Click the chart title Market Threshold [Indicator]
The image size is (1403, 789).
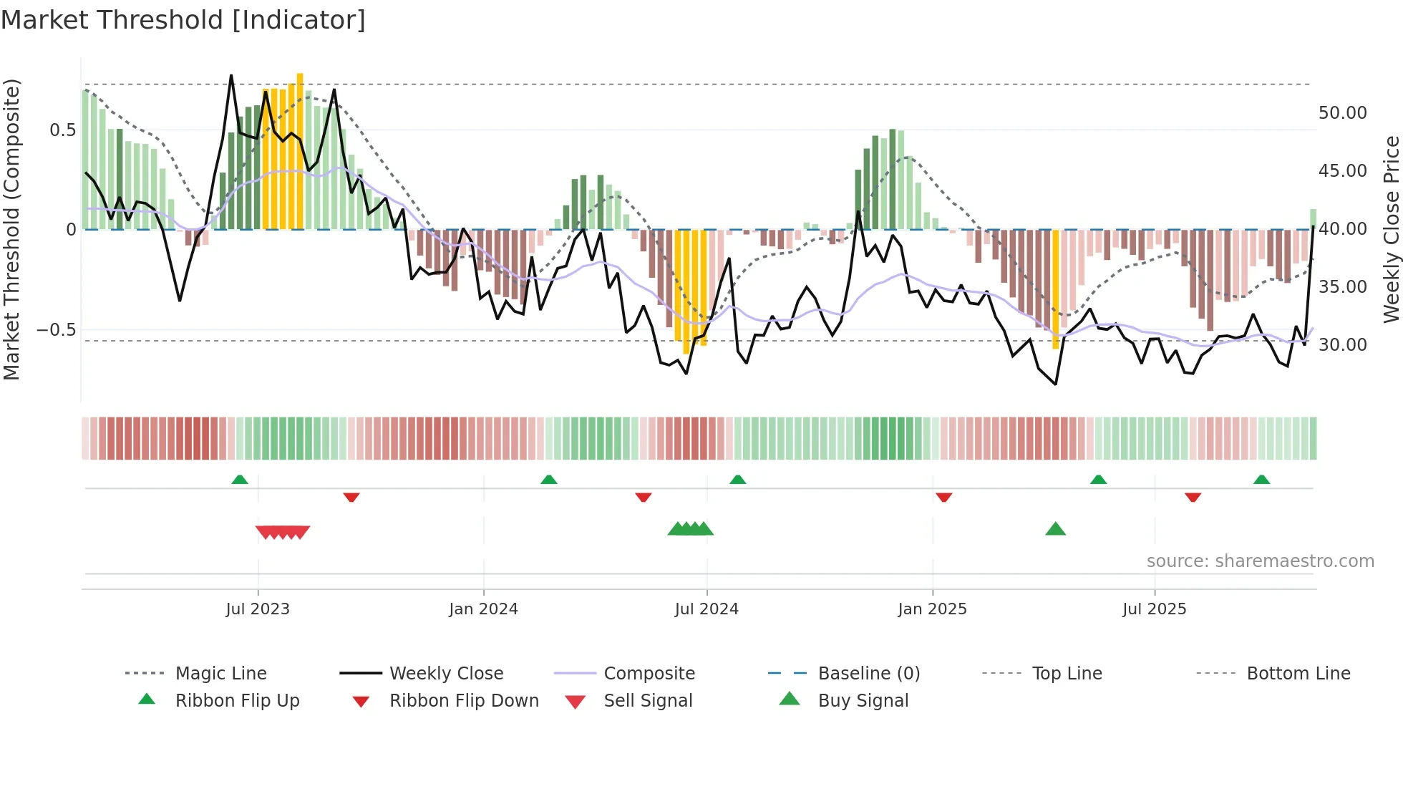(x=183, y=20)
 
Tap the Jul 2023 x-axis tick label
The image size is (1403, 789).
(x=258, y=609)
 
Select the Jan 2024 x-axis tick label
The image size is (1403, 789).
(x=483, y=609)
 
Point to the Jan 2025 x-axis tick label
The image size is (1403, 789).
(x=932, y=609)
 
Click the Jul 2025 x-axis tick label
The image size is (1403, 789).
(x=1154, y=609)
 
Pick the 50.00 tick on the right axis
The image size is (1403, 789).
(x=1342, y=113)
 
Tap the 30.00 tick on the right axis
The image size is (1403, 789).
(x=1342, y=345)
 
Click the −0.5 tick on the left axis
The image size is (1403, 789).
(x=56, y=330)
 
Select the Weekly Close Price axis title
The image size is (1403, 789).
(x=1391, y=229)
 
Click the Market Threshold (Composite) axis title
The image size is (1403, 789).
(x=11, y=229)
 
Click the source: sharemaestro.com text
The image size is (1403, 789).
(x=1260, y=561)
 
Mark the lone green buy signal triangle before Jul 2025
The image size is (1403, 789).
(x=1055, y=529)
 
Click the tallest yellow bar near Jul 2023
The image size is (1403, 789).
(x=300, y=150)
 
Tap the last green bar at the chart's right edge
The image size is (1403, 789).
(x=1313, y=219)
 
